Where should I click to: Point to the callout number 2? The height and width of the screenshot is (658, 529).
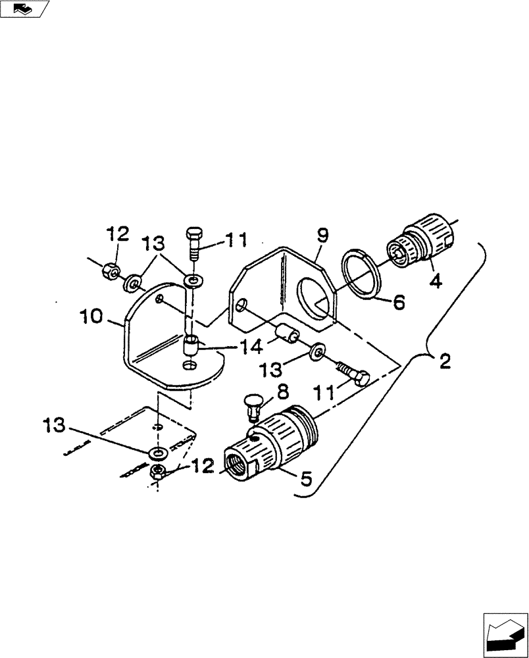pos(444,360)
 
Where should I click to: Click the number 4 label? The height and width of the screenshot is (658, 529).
pos(436,281)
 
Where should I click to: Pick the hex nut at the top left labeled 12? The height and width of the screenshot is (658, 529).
pos(111,270)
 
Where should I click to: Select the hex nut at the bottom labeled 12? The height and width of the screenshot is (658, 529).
pos(158,470)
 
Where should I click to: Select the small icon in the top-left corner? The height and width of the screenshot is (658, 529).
pos(25,9)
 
